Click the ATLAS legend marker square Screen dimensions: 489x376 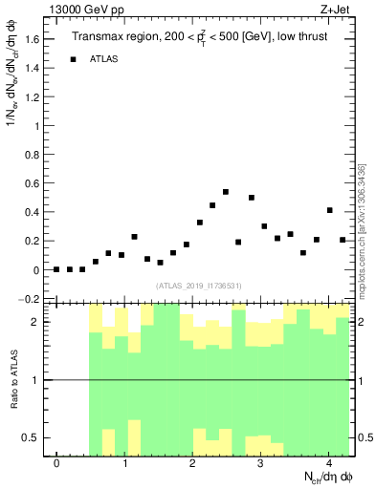(73, 59)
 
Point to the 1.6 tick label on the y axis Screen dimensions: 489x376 (33, 39)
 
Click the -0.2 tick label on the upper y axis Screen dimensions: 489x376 (31, 299)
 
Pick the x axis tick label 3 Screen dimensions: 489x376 (261, 464)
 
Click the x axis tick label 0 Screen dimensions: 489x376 (56, 464)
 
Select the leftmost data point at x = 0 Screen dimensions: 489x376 (56, 269)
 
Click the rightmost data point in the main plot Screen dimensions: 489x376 (343, 240)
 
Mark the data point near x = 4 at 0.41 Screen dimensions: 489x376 (329, 210)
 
